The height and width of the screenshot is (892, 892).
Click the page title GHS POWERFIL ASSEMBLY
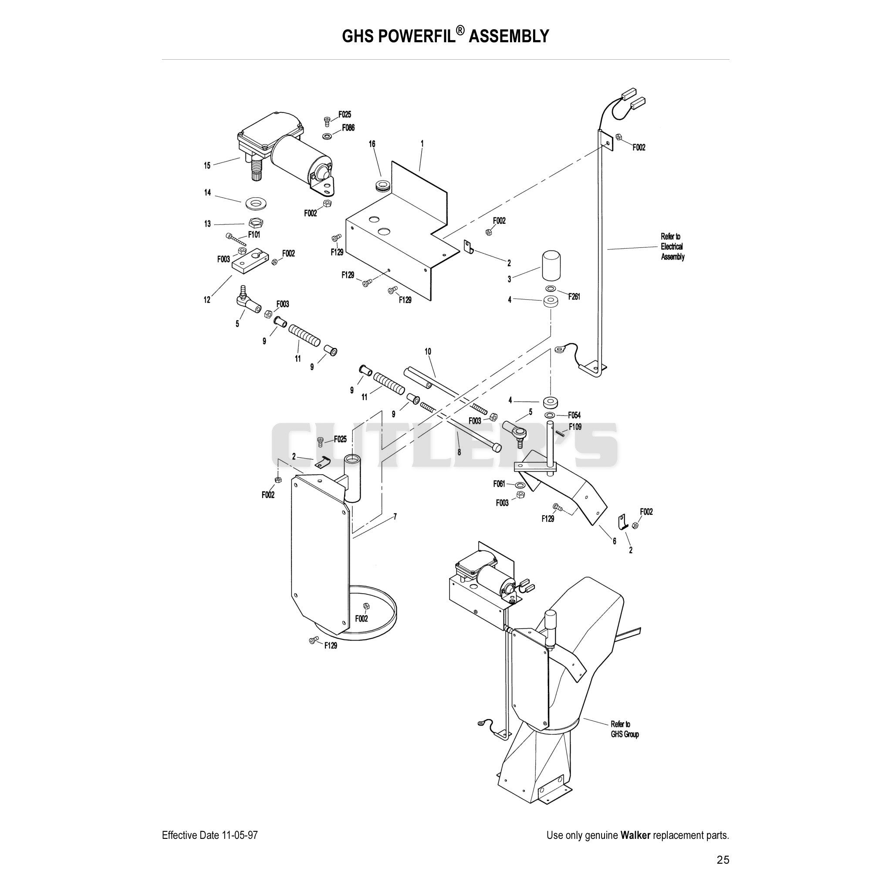pyautogui.click(x=446, y=36)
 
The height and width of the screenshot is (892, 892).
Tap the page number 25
pyautogui.click(x=723, y=860)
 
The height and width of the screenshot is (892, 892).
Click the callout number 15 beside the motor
pyautogui.click(x=207, y=165)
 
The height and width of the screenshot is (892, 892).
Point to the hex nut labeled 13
pyautogui.click(x=255, y=223)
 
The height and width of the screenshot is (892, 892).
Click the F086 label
pyautogui.click(x=348, y=128)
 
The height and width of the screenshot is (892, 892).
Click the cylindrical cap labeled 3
pyautogui.click(x=550, y=266)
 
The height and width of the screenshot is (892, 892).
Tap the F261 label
pyautogui.click(x=574, y=297)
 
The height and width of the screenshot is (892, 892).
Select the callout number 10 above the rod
pyautogui.click(x=428, y=352)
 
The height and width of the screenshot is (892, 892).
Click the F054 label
pyautogui.click(x=574, y=415)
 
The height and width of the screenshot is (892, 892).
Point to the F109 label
pyautogui.click(x=575, y=426)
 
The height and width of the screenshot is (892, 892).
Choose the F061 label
pyautogui.click(x=499, y=484)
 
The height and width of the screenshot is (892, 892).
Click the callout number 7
pyautogui.click(x=395, y=517)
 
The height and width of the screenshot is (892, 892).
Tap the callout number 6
pyautogui.click(x=615, y=541)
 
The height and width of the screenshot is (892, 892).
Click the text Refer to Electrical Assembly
pyautogui.click(x=672, y=247)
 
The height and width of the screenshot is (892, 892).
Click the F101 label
pyautogui.click(x=254, y=235)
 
